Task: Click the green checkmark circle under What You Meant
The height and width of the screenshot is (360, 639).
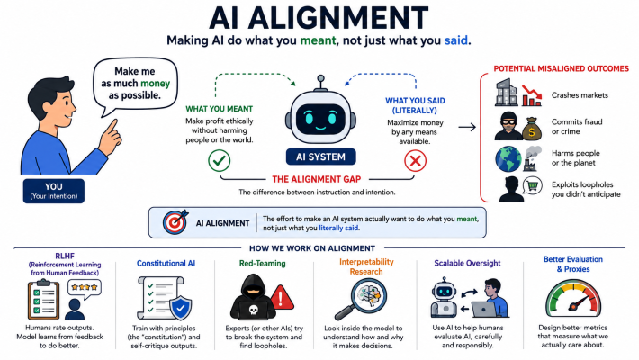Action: (x=220, y=160)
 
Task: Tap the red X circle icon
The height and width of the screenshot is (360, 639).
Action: (x=415, y=161)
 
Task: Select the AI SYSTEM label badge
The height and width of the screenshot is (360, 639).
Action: (x=320, y=157)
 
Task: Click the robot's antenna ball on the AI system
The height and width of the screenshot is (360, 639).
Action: (x=320, y=78)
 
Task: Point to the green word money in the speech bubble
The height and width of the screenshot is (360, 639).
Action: (x=156, y=84)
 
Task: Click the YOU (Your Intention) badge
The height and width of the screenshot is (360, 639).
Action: (x=54, y=191)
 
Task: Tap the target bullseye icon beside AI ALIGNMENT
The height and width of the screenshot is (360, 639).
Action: (x=175, y=222)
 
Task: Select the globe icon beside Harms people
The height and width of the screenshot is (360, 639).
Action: (x=508, y=159)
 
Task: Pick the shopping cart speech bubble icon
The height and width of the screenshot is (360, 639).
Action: (x=533, y=186)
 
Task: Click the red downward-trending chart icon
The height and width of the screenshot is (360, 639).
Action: (x=532, y=95)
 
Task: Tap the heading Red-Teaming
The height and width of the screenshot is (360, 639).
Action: (x=263, y=264)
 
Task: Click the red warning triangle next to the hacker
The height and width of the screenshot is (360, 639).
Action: (x=281, y=297)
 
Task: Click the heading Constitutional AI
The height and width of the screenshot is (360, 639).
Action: (x=166, y=264)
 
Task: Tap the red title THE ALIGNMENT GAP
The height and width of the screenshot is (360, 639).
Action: (x=317, y=179)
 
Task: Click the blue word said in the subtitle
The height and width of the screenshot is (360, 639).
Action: (x=455, y=40)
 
